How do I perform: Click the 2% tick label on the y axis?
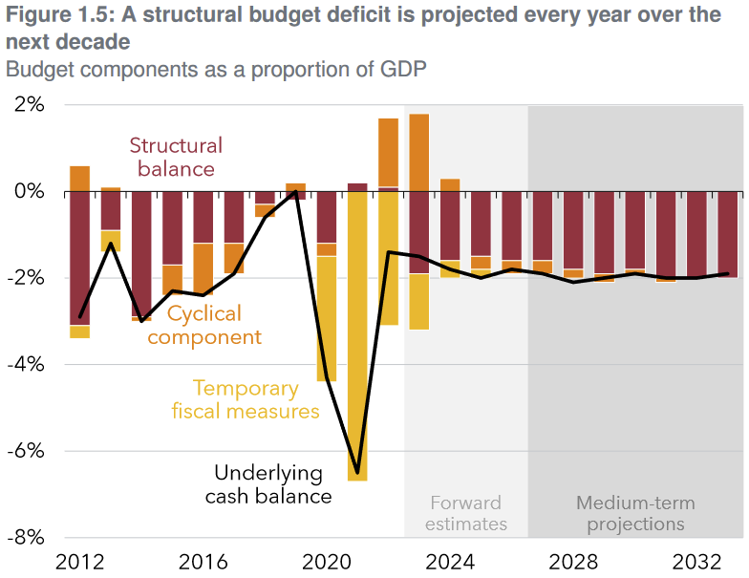coord(30,104)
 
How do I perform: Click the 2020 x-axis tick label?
coord(326,562)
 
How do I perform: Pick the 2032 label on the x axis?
coord(696,562)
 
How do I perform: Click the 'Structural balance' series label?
coord(176,158)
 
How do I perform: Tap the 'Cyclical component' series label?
coord(204,325)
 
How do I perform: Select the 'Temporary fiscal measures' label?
coord(246,399)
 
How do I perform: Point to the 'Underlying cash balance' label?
coord(269,484)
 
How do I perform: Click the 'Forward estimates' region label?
coord(466,513)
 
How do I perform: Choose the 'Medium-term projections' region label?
coord(635,513)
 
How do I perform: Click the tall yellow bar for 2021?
coord(357,334)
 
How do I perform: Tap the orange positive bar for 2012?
coord(80,179)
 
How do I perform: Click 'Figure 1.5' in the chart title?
coord(54,15)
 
